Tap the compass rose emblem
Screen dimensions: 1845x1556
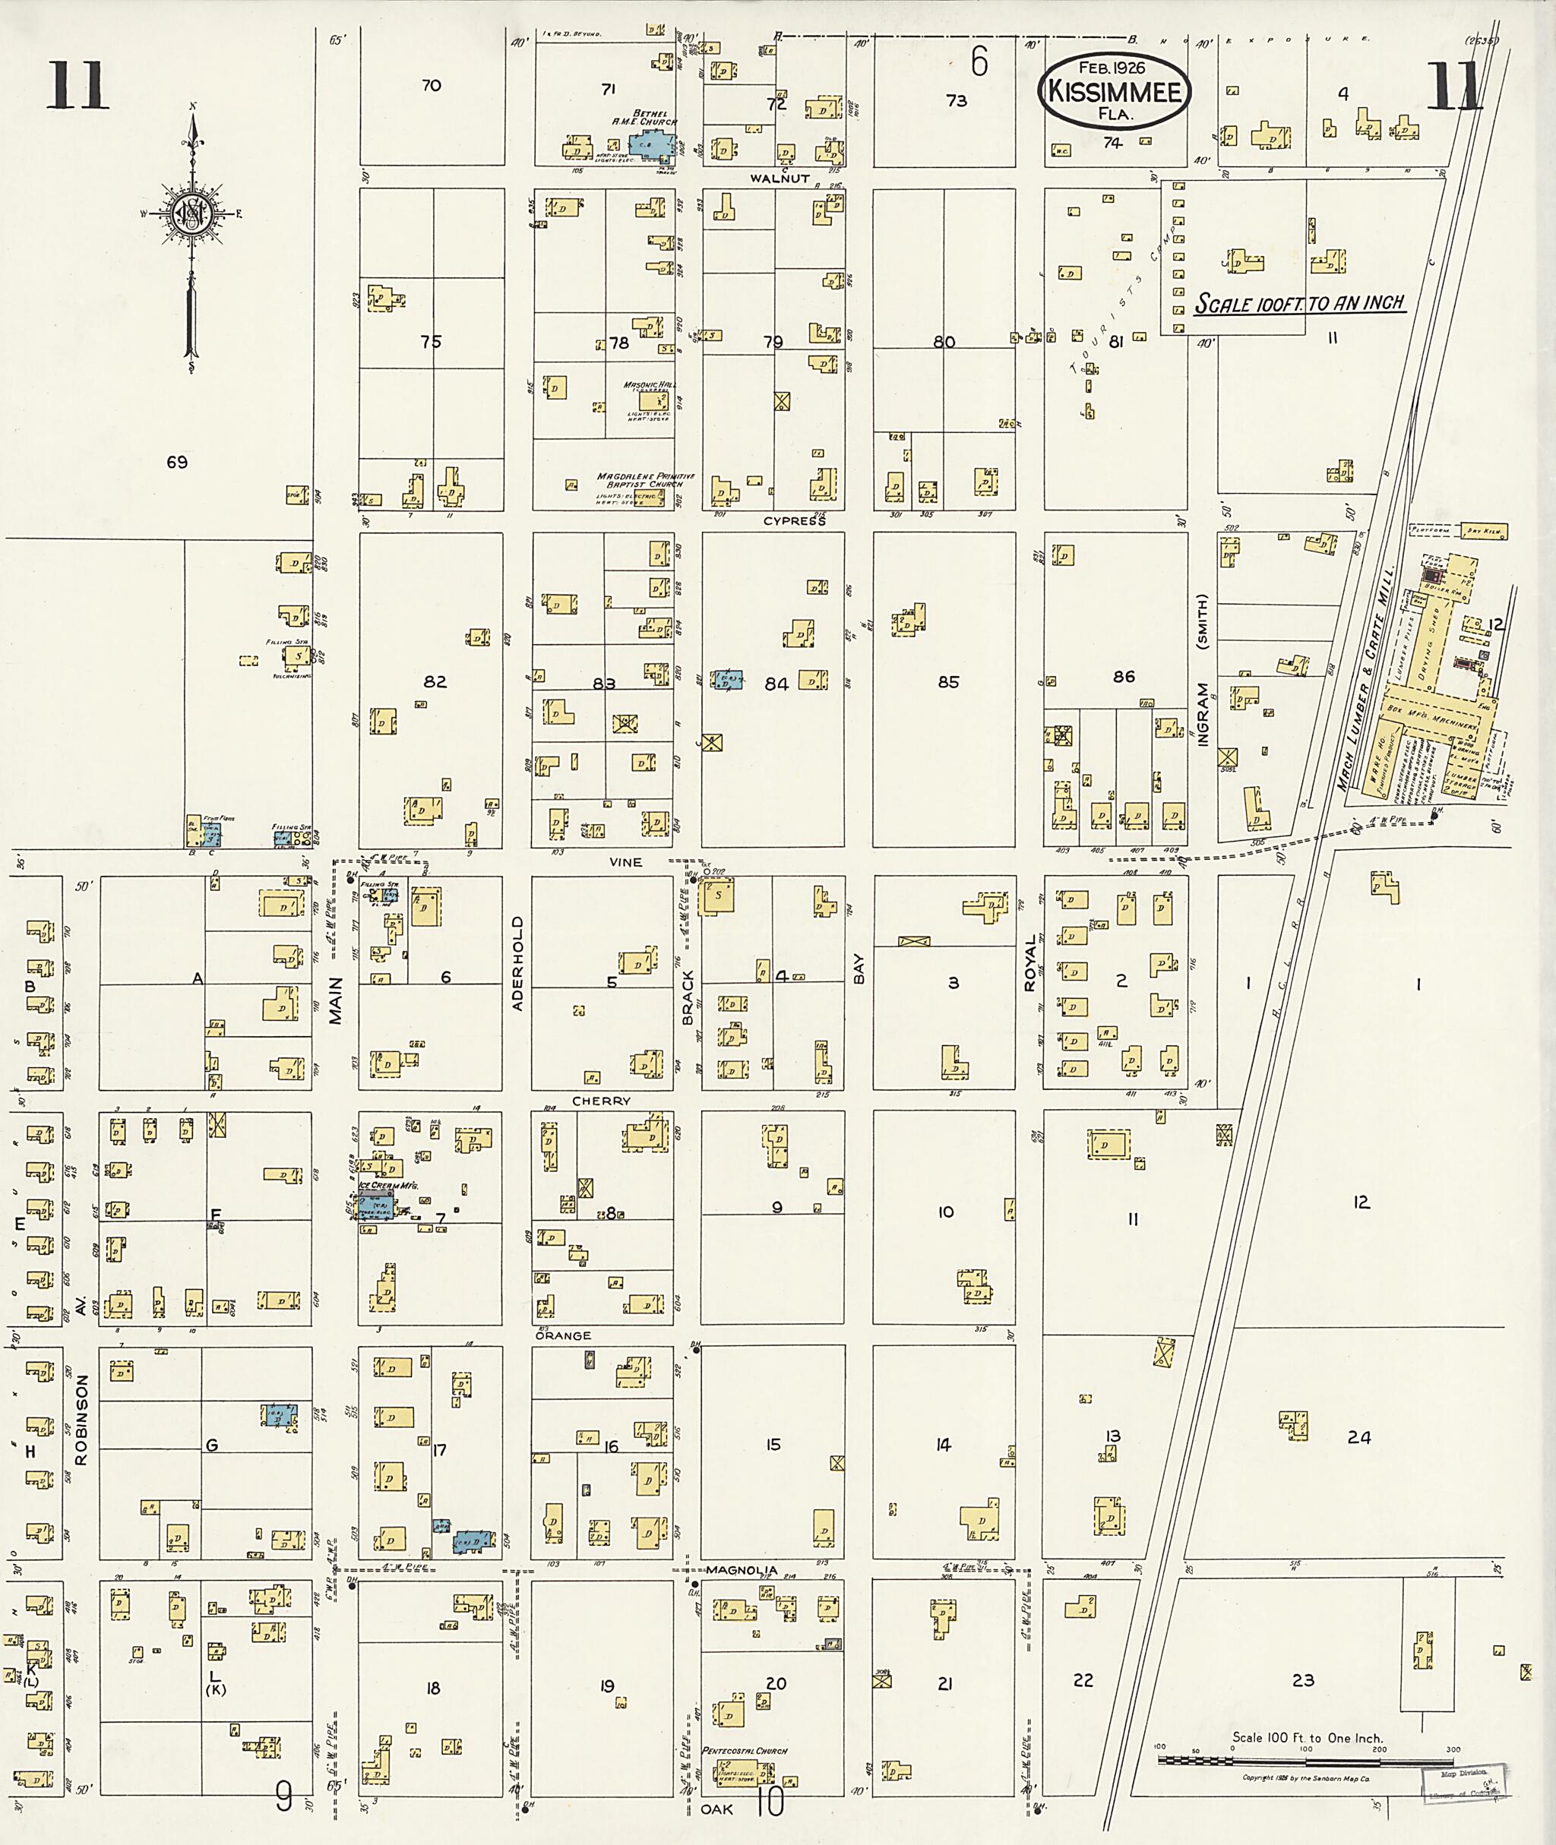coord(191,212)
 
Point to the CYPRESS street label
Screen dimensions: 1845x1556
coord(794,521)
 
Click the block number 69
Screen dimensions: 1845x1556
coord(176,462)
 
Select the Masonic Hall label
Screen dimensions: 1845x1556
coord(648,385)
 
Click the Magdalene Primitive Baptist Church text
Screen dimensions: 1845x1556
coord(645,480)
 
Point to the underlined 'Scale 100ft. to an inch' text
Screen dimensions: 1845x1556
coord(1299,302)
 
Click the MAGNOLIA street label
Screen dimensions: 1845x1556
coord(741,1571)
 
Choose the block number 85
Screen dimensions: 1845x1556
coord(948,682)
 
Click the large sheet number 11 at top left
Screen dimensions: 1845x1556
coord(77,86)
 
